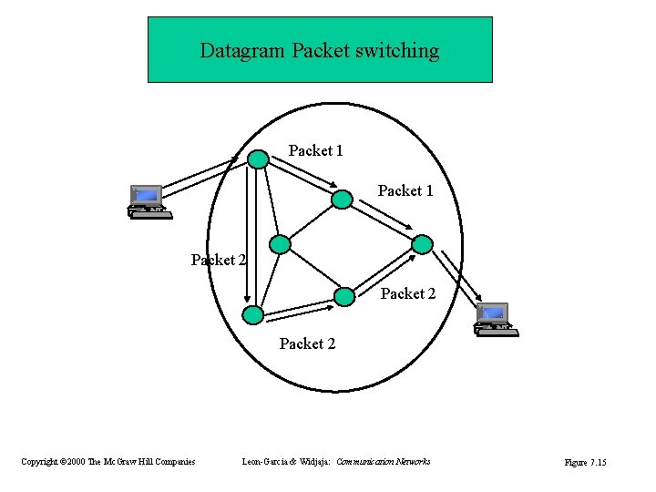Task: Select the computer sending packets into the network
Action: point(148,201)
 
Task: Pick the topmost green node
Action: point(259,159)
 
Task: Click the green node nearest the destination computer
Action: point(422,243)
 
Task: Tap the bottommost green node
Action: point(251,314)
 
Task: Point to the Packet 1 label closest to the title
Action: point(315,150)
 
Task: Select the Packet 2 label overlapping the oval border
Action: point(219,260)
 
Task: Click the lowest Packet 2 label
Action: point(307,343)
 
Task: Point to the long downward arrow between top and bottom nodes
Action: point(247,237)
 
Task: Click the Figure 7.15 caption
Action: point(585,463)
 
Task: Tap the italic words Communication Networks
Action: point(383,463)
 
